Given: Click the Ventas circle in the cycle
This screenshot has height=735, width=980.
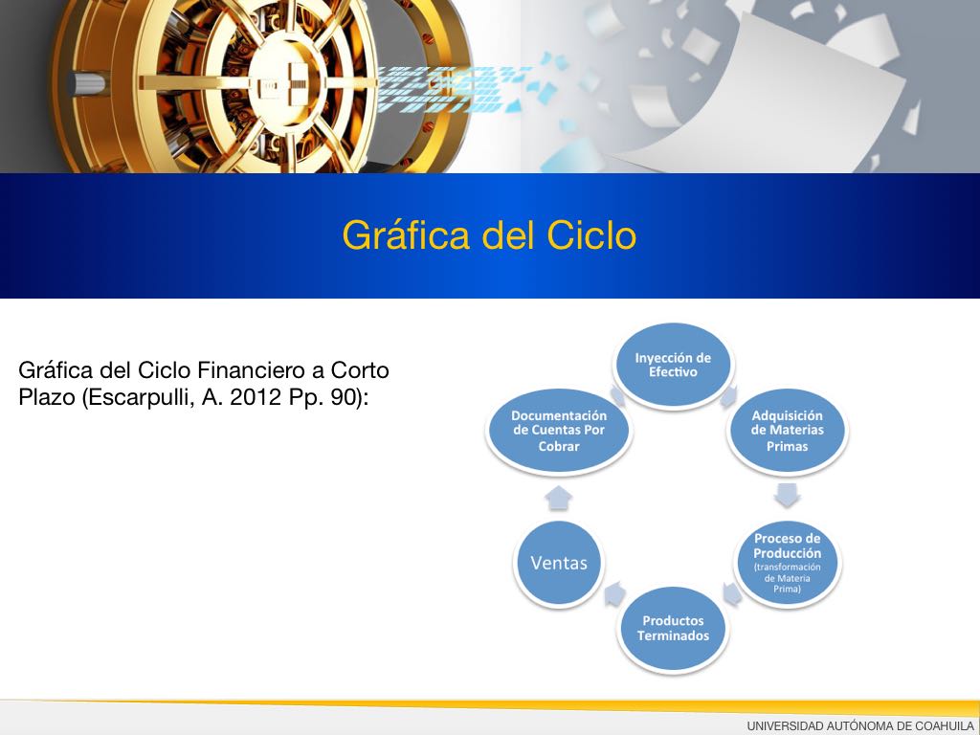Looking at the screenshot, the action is [559, 563].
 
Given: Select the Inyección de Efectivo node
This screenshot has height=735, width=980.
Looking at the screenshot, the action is [673, 365].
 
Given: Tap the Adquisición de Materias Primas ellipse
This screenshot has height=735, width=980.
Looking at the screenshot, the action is [787, 431].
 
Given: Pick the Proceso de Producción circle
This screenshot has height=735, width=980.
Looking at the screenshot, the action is [787, 563].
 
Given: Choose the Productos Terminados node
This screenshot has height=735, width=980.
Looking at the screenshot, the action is [673, 629].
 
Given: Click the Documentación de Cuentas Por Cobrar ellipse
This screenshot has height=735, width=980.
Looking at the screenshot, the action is [559, 431].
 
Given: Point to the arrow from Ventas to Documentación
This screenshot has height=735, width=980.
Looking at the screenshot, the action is [558, 498].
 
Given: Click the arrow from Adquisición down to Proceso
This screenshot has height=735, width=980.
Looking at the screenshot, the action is [787, 495].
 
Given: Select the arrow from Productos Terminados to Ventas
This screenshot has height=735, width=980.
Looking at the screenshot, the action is [615, 593].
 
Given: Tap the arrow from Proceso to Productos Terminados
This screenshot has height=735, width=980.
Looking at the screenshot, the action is [732, 593].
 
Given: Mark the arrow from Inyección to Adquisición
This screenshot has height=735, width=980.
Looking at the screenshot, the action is [728, 396].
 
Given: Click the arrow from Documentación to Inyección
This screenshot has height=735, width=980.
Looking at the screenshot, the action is [617, 395].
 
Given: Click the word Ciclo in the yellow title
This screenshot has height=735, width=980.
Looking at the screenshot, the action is [591, 235].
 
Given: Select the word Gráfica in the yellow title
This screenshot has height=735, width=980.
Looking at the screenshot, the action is [406, 235].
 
